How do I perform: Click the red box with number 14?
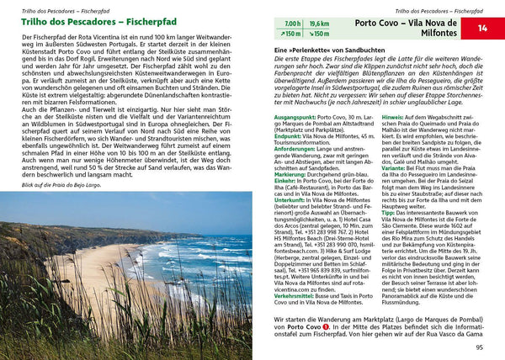(x=483, y=29)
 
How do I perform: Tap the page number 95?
(x=480, y=347)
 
